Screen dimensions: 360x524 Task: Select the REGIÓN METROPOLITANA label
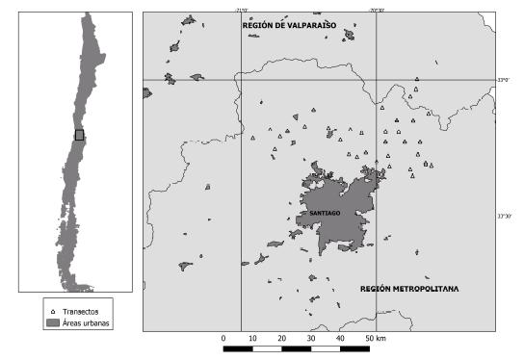point(409,288)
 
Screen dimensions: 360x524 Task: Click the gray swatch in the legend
point(52,323)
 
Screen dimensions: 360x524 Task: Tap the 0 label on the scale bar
point(223,339)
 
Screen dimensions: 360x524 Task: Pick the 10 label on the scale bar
point(253,339)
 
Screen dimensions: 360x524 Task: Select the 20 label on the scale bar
point(282,339)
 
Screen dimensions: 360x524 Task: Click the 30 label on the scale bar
point(312,339)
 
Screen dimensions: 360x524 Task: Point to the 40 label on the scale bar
point(341,339)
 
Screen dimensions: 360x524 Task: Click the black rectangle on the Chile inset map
point(80,135)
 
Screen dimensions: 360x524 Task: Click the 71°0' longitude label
point(241,10)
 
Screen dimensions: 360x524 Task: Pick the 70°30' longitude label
point(376,10)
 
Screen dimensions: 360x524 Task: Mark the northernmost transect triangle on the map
point(416,80)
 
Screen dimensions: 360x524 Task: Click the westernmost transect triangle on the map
point(252,139)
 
